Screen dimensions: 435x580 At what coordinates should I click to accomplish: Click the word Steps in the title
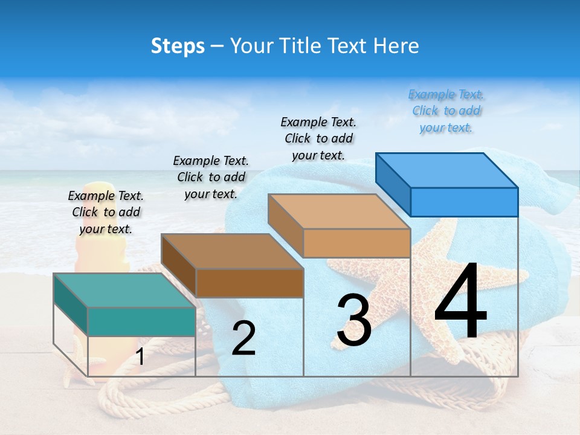tap(178, 46)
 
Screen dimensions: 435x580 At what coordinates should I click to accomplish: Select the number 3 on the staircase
tap(354, 320)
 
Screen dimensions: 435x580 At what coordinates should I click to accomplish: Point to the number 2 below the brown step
tap(243, 338)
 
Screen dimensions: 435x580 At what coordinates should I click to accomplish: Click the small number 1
tap(140, 357)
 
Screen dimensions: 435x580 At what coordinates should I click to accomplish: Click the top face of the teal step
tap(124, 290)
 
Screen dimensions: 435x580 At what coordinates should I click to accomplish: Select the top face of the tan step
tap(339, 211)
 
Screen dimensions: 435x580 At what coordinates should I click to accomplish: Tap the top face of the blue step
tap(447, 170)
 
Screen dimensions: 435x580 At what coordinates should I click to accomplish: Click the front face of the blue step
tap(464, 202)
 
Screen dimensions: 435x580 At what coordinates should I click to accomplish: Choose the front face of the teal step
tap(141, 321)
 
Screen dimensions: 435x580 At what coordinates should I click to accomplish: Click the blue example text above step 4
tap(446, 111)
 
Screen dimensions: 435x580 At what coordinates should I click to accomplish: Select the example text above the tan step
tap(319, 139)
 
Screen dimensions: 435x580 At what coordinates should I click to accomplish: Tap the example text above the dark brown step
tap(211, 177)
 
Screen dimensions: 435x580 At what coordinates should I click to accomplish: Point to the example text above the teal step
tap(106, 212)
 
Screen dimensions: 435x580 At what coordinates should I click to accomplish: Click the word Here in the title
tap(397, 46)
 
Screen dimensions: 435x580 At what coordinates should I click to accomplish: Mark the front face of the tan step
tap(356, 243)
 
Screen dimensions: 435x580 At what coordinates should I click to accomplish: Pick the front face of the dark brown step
tap(250, 283)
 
